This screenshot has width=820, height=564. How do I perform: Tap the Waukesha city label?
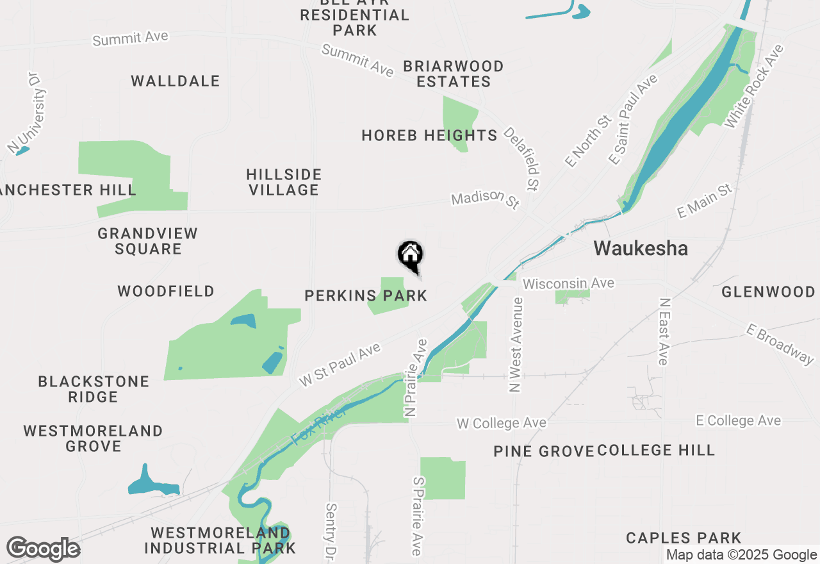[x=641, y=249]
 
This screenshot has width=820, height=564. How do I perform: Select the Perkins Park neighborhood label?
[x=366, y=295]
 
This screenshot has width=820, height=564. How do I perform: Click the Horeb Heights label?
[x=429, y=135]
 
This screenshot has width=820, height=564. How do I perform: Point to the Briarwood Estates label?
[x=454, y=74]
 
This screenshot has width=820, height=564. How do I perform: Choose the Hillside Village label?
[x=284, y=182]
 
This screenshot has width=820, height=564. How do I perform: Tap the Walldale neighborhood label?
[x=176, y=81]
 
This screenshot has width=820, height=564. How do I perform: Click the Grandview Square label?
[x=148, y=241]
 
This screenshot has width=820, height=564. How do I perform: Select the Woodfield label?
[x=166, y=292]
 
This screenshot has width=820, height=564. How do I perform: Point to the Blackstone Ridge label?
[x=94, y=389]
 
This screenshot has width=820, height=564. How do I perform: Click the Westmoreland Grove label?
[x=94, y=438]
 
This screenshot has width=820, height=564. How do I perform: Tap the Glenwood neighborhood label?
[x=768, y=292]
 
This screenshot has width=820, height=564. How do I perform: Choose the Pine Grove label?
[x=544, y=451]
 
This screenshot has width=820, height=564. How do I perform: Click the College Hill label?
[x=656, y=450]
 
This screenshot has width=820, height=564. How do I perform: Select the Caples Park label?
[x=684, y=538]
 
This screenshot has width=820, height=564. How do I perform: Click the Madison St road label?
[x=484, y=199]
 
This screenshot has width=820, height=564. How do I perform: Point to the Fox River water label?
[x=318, y=425]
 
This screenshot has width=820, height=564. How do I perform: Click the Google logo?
[x=43, y=549]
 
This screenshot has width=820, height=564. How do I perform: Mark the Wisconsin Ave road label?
[x=568, y=283]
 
